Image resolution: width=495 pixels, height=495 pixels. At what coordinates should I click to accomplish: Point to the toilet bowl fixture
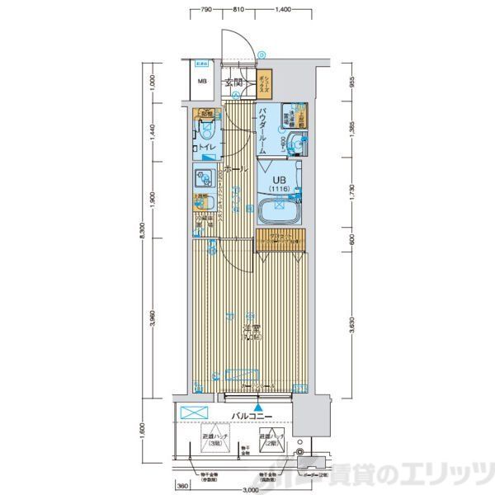[x=206, y=130]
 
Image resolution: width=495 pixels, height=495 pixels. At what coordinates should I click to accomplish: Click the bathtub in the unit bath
[x=279, y=211]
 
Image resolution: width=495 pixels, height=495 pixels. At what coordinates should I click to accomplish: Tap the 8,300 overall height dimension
[x=144, y=234]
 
